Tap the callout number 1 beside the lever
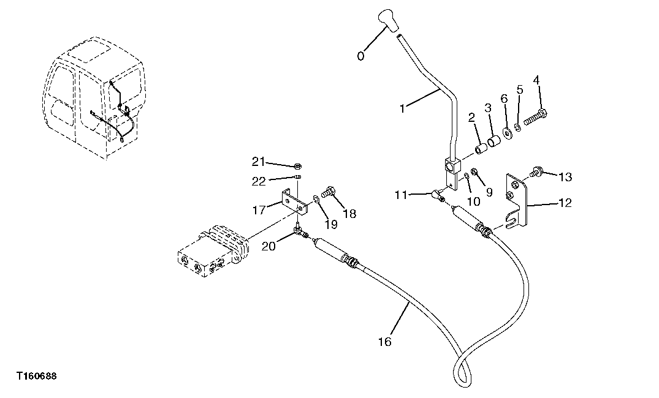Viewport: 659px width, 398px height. pos(402,108)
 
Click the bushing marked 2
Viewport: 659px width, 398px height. pos(482,149)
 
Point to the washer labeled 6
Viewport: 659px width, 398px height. pos(508,132)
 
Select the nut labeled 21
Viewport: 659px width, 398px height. pos(295,165)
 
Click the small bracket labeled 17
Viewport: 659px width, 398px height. pos(293,201)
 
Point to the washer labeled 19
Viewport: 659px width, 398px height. pos(316,199)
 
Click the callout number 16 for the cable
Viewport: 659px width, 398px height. pos(384,342)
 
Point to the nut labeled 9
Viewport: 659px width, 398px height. pos(474,171)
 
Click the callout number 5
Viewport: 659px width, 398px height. pos(520,89)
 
